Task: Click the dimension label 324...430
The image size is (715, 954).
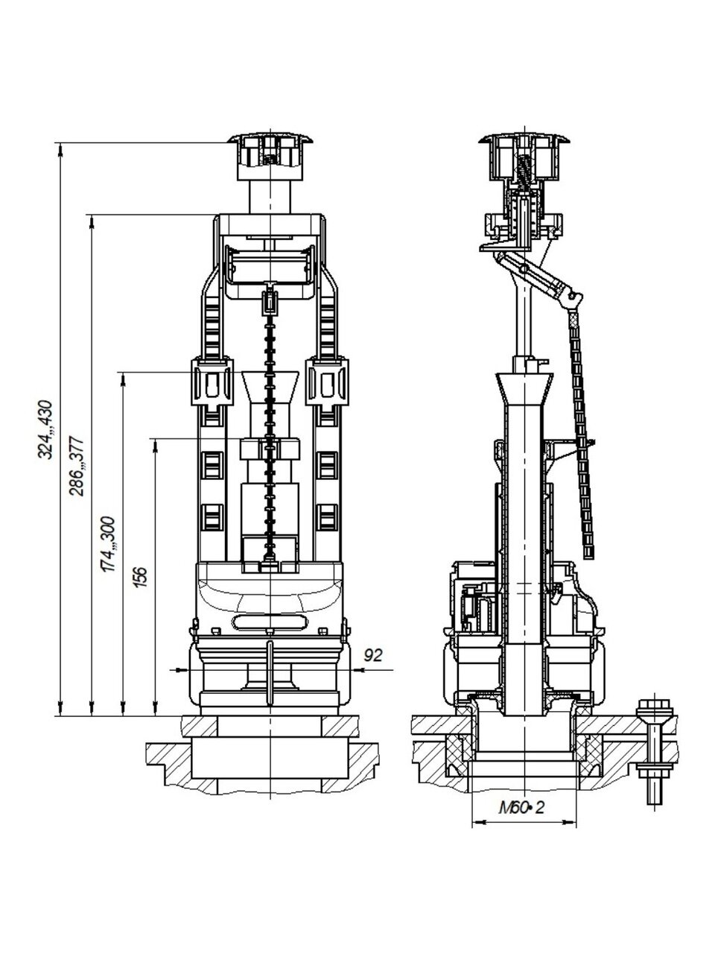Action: (45, 429)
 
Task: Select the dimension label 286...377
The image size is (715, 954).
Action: (77, 466)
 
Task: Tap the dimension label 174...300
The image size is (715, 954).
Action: (108, 544)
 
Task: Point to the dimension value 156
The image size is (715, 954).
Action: (140, 577)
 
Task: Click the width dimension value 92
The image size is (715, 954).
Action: (373, 654)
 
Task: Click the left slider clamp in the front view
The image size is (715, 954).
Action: (212, 381)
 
